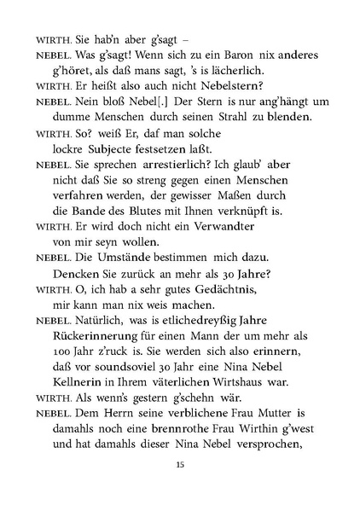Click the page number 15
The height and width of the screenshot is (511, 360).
(x=179, y=464)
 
